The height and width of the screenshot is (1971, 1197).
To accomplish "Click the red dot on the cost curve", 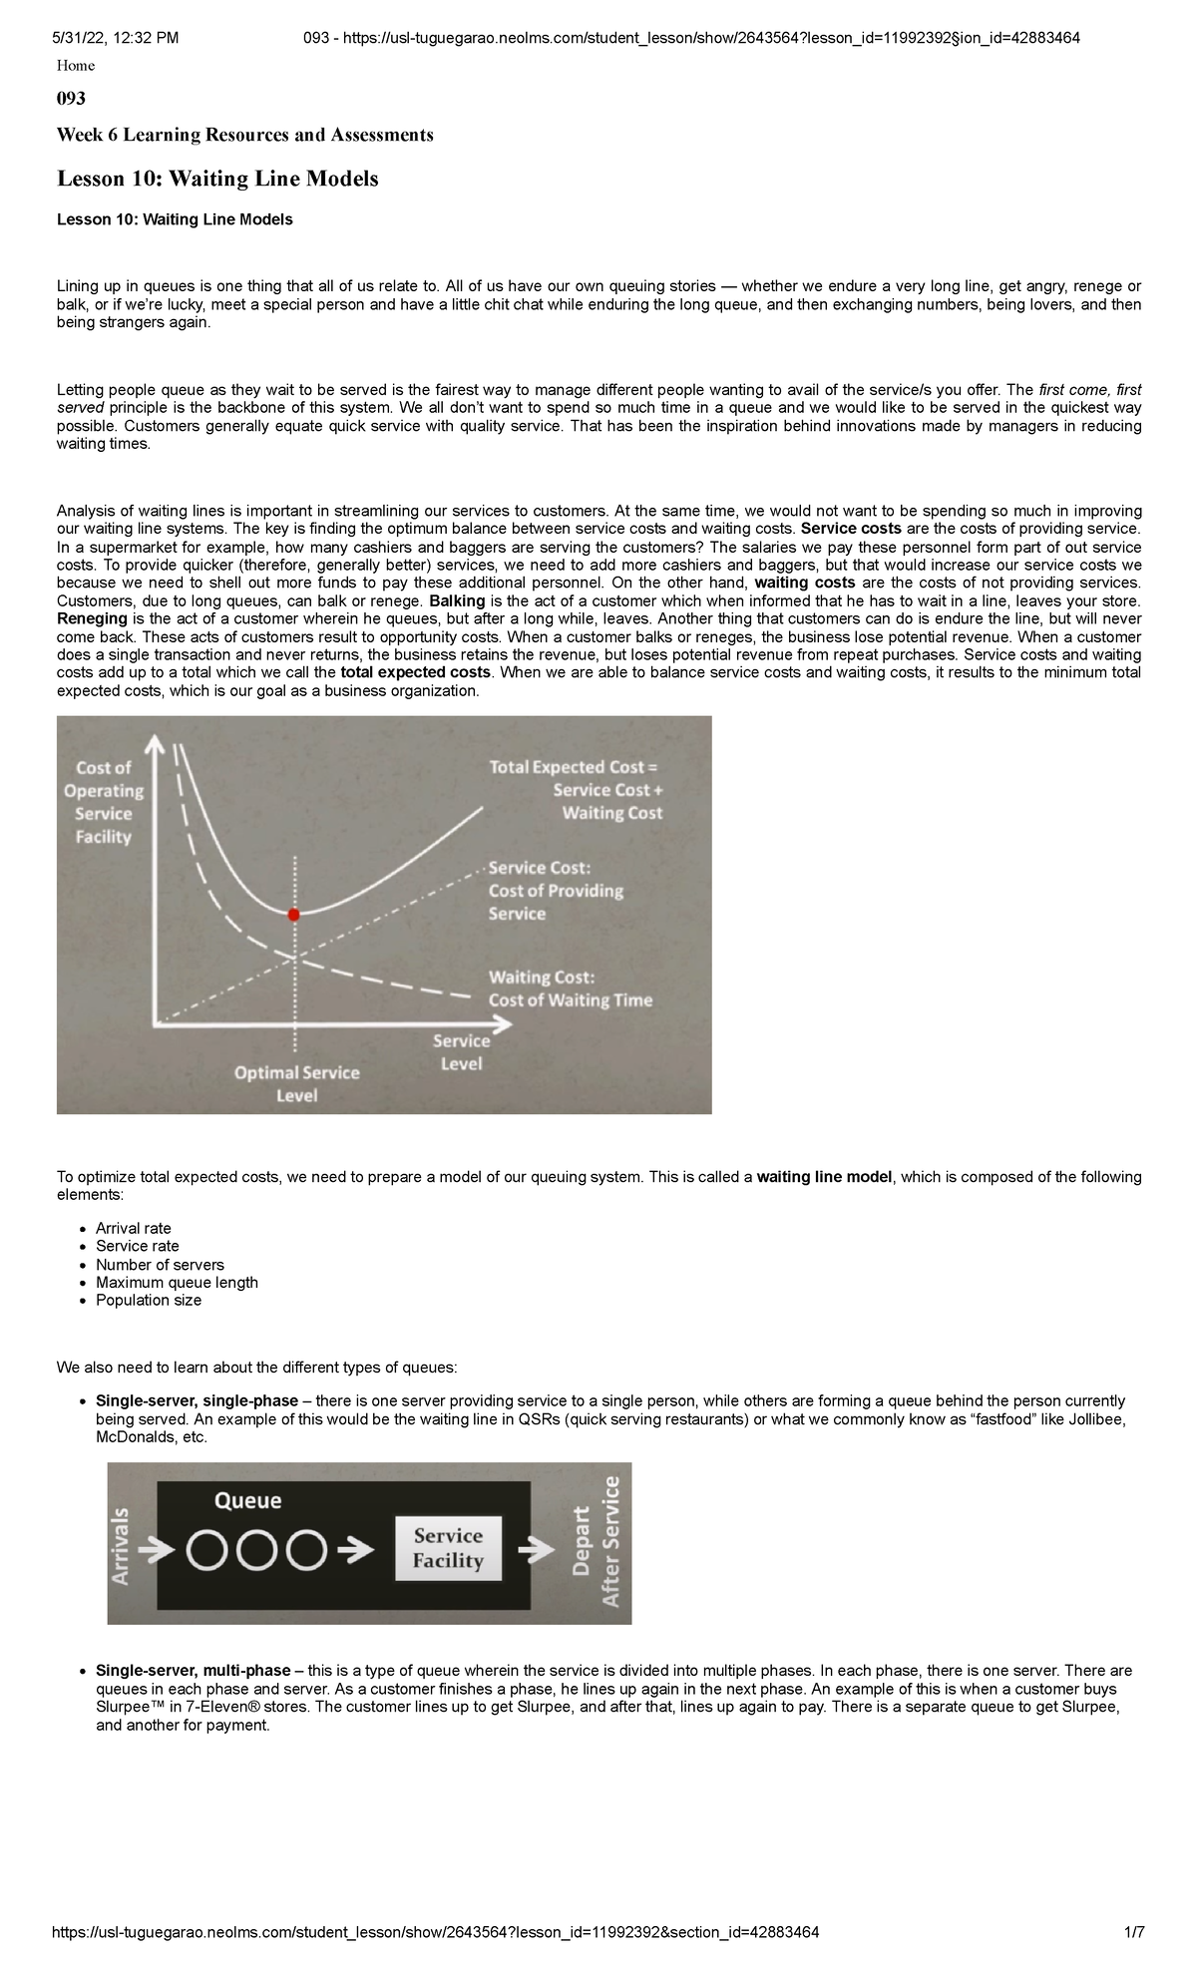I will tap(293, 915).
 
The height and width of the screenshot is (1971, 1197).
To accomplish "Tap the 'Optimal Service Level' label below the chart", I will tap(296, 1084).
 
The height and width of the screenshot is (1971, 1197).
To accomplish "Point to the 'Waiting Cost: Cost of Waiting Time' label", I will tap(570, 988).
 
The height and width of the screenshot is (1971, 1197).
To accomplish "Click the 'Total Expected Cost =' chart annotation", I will tap(575, 767).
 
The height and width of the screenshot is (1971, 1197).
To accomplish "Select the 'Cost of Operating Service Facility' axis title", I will tap(104, 802).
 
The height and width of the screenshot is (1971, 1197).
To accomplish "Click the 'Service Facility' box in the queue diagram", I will tap(448, 1548).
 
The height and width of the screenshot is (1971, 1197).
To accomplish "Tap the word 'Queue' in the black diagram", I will tap(248, 1501).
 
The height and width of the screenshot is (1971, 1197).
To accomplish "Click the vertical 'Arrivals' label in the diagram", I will tap(121, 1546).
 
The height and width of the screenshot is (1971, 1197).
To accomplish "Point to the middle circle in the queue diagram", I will tap(256, 1551).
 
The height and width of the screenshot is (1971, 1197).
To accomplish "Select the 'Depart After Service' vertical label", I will tap(597, 1542).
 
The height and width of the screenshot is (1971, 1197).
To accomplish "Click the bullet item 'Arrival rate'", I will tap(133, 1228).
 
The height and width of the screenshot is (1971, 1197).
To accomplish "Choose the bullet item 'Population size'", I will tap(148, 1300).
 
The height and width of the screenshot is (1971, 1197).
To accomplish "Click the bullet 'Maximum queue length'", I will tap(177, 1282).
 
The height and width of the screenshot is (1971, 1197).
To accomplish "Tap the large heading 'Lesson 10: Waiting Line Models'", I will tap(217, 180).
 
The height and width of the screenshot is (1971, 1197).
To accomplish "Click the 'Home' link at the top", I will tap(76, 66).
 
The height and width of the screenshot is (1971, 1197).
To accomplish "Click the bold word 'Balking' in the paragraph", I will tap(457, 600).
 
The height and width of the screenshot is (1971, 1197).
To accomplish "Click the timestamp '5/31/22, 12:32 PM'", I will tap(116, 38).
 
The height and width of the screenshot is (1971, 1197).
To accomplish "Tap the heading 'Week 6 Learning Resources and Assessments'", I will tap(244, 135).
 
